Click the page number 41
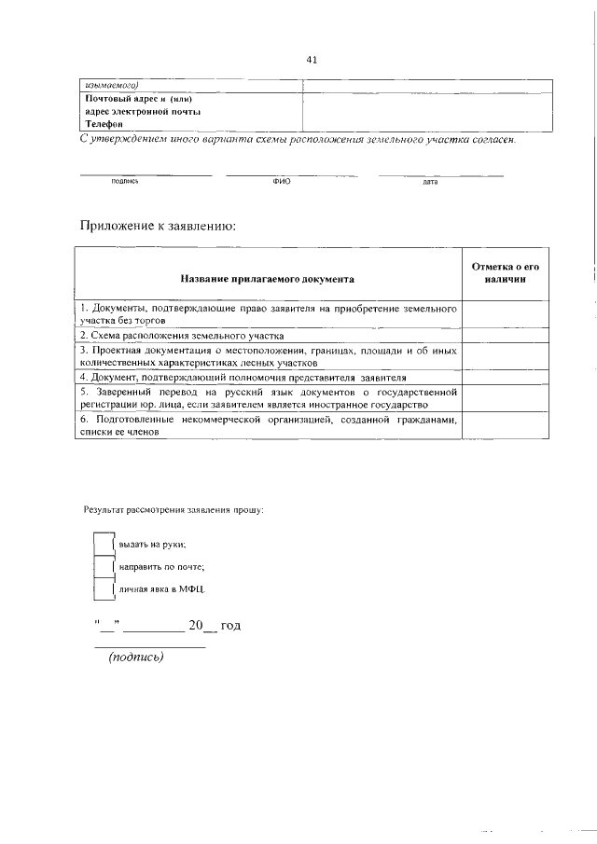pyautogui.click(x=312, y=60)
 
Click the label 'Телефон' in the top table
pyautogui.click(x=104, y=124)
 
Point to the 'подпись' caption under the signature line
pyautogui.click(x=124, y=181)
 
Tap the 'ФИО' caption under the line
pyautogui.click(x=282, y=181)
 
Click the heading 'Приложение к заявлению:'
pyautogui.click(x=160, y=226)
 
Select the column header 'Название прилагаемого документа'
pyautogui.click(x=268, y=278)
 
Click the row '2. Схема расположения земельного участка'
pyautogui.click(x=182, y=335)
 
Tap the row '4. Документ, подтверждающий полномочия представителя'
pyautogui.click(x=243, y=378)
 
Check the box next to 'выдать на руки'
pyautogui.click(x=103, y=543)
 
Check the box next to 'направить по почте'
pyautogui.click(x=103, y=566)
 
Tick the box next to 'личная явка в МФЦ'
pyautogui.click(x=103, y=589)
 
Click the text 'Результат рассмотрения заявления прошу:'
pyautogui.click(x=174, y=510)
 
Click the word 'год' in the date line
pyautogui.click(x=230, y=626)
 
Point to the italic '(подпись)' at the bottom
pyautogui.click(x=136, y=657)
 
